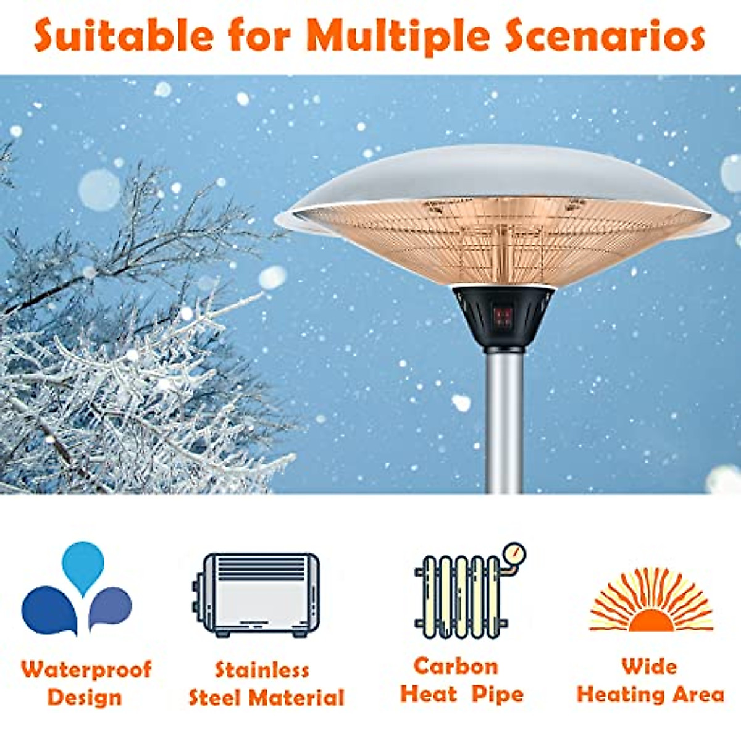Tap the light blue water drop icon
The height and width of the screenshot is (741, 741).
click(83, 567)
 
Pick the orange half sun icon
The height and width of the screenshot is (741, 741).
click(651, 602)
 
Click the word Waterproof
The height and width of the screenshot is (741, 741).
click(86, 669)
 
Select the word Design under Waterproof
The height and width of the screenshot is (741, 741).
click(85, 697)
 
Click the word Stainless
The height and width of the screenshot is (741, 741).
click(262, 670)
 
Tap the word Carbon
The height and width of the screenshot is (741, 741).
click(456, 666)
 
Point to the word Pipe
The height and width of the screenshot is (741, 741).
click(497, 694)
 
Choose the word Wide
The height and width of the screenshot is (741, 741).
click(650, 667)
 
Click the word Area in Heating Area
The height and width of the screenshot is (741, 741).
click(698, 694)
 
